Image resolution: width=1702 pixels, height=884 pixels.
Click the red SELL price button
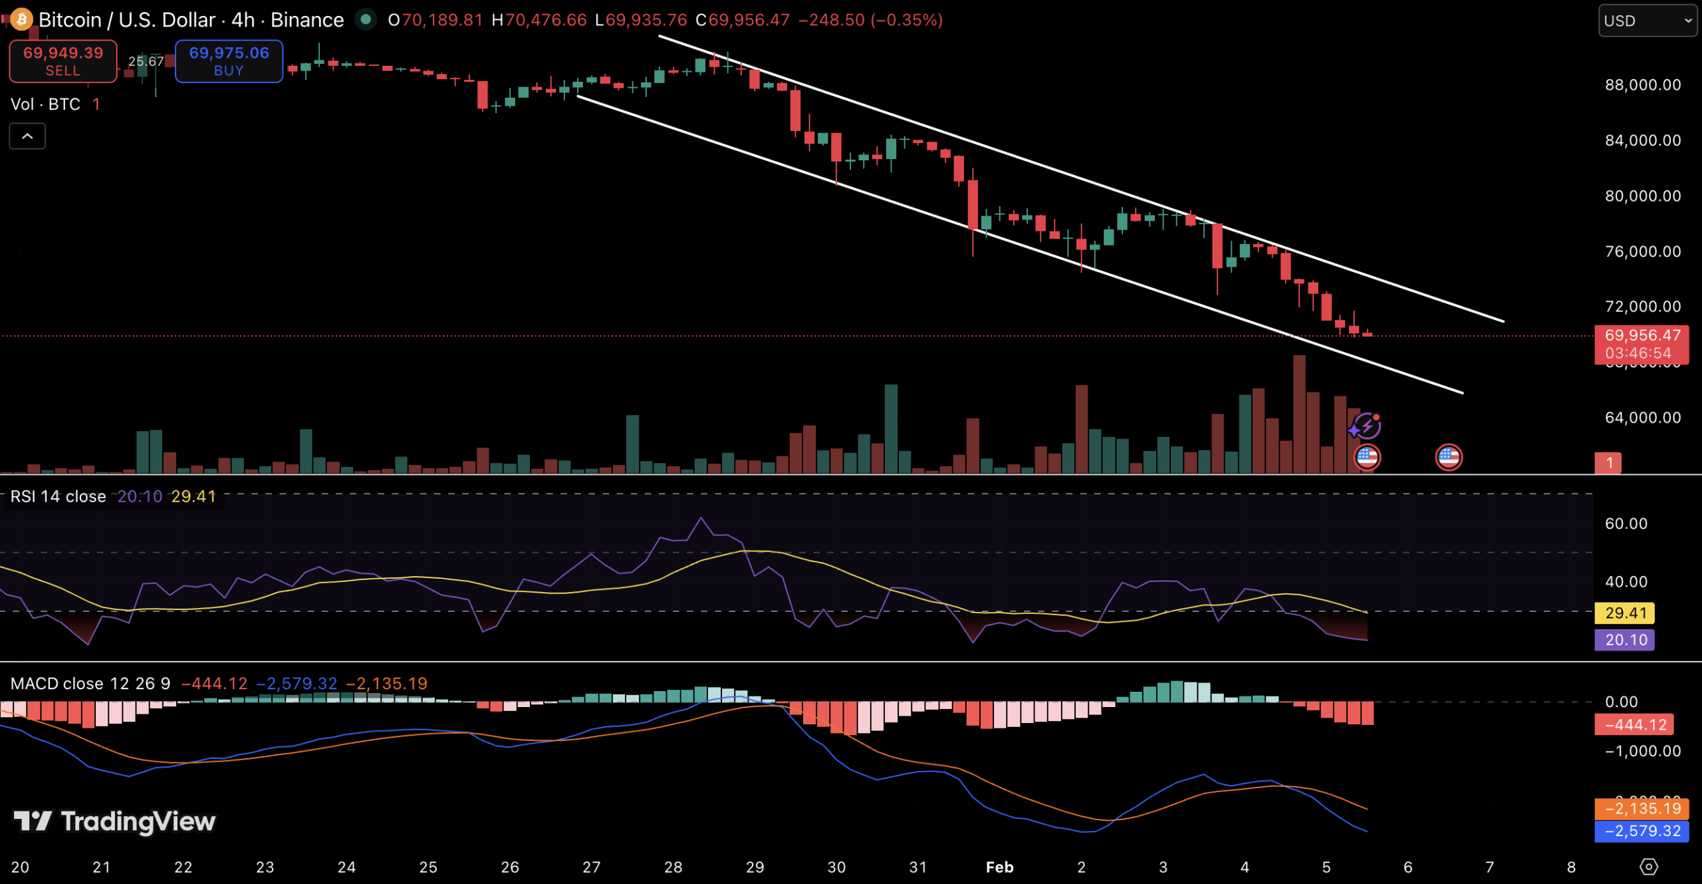pos(63,61)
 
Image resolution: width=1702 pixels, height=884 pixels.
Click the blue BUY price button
pos(229,61)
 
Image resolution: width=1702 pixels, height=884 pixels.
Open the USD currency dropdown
pos(1646,21)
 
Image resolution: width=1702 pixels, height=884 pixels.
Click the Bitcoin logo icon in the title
pos(21,19)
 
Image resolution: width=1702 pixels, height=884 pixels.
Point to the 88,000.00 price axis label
pos(1642,85)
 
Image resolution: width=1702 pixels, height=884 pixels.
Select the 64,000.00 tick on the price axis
pos(1642,418)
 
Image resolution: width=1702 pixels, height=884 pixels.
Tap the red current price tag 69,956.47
pos(1641,336)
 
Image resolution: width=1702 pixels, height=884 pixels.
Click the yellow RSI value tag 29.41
pos(1625,613)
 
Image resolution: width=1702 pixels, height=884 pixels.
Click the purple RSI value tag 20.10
pos(1625,640)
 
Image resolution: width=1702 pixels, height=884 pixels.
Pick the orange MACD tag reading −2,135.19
pos(1641,809)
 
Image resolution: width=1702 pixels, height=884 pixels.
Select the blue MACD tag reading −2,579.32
pos(1641,831)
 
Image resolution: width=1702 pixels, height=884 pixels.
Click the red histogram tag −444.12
pos(1634,725)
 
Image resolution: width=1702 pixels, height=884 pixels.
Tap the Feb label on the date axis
pos(999,867)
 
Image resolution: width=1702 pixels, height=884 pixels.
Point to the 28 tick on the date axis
pos(673,867)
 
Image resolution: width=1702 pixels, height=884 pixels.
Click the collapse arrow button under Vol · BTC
pos(27,136)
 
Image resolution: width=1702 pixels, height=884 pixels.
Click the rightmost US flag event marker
pos(1449,458)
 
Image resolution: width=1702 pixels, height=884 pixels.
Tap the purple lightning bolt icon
pos(1366,426)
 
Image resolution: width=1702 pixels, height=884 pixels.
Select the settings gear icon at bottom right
pos(1648,867)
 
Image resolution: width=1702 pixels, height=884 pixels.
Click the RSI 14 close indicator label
pos(58,497)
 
